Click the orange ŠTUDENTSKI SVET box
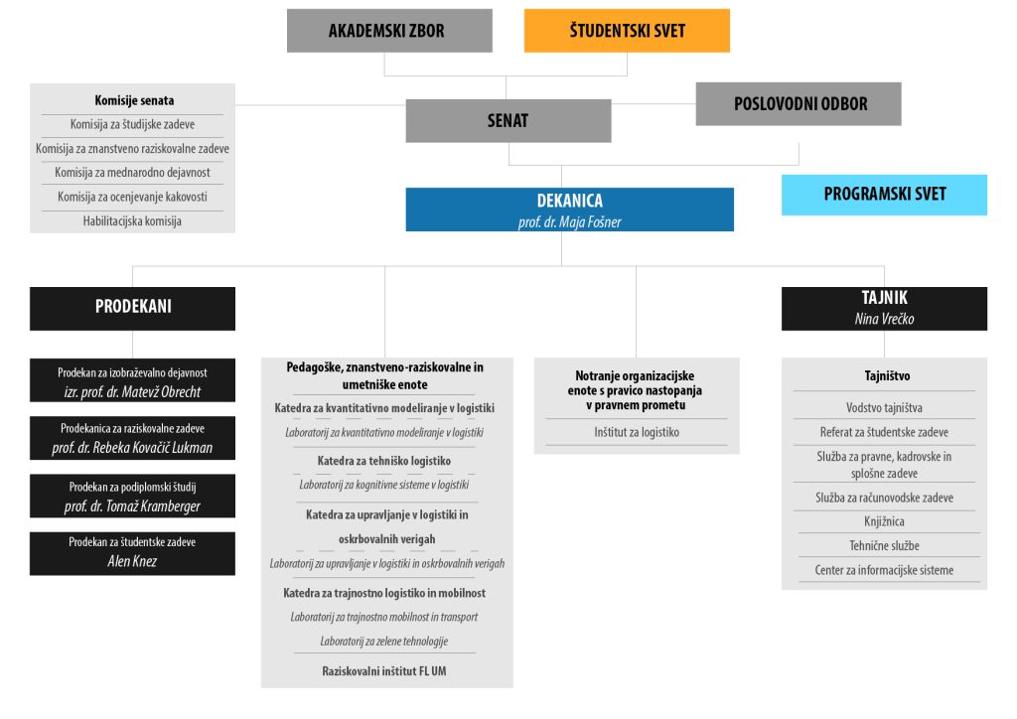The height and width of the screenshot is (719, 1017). click(627, 31)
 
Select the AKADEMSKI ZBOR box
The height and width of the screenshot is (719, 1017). click(389, 31)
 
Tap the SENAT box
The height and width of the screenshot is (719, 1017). click(508, 120)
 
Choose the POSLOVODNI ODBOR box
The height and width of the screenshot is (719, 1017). click(799, 103)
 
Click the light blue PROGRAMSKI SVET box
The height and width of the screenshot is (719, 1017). click(884, 195)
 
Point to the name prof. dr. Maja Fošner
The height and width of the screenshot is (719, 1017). click(569, 222)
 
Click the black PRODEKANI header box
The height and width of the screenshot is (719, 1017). click(132, 309)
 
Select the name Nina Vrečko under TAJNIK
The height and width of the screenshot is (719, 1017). click(884, 319)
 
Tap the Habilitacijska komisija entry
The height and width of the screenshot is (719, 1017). click(132, 221)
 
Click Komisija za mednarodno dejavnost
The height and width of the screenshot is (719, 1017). click(132, 173)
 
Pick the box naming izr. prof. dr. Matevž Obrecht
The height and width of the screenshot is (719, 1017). click(132, 380)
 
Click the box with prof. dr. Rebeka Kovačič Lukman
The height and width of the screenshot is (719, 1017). click(132, 438)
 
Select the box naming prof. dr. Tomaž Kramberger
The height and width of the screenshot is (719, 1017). click(132, 496)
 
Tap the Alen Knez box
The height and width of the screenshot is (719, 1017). click(132, 554)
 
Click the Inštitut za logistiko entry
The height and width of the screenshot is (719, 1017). click(637, 432)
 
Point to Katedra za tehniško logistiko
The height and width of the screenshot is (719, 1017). click(384, 461)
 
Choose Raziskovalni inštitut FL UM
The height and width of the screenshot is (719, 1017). click(384, 671)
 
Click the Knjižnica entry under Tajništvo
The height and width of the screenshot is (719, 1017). click(884, 522)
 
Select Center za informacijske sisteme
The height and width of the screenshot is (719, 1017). click(884, 570)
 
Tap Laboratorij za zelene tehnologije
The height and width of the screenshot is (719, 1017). click(384, 642)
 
